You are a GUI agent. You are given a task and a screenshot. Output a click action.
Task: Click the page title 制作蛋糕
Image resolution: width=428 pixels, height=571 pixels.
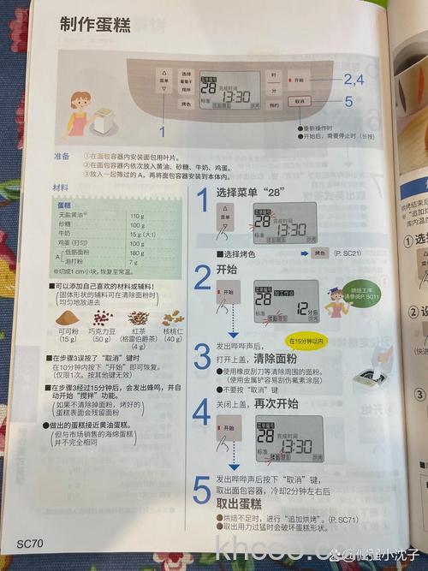tap(95, 26)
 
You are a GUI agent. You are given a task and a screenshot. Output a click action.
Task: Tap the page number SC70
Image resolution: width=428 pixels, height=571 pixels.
tap(29, 544)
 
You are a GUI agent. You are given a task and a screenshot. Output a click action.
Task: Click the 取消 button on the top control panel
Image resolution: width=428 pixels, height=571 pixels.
tap(297, 100)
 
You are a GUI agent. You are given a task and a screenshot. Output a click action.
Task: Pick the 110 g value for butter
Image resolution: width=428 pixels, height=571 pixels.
tap(137, 216)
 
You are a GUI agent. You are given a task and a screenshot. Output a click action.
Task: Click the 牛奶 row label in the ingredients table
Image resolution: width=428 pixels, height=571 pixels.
tap(64, 234)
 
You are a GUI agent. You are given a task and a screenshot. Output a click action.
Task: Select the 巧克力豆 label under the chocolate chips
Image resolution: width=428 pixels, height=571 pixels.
tap(103, 330)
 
